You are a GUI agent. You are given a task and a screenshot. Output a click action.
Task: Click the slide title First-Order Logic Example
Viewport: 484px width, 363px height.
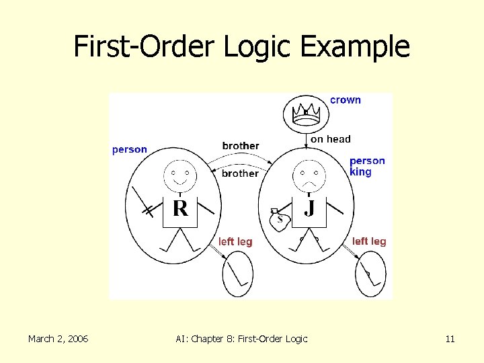point(241,47)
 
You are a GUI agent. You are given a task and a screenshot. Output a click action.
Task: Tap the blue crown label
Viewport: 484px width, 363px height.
point(346,100)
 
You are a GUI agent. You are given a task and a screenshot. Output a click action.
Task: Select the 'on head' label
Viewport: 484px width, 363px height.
point(330,139)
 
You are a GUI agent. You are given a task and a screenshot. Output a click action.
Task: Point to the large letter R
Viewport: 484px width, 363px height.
point(179,208)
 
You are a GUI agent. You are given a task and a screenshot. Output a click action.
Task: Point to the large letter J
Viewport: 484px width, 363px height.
point(309,208)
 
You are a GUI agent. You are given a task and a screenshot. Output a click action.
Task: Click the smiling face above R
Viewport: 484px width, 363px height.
point(180,176)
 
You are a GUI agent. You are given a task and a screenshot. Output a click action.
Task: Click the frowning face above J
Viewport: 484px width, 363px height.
point(309,176)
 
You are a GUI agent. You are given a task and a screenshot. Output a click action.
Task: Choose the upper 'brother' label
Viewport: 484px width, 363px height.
point(240,146)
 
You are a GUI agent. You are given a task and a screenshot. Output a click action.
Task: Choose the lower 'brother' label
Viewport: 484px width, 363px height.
point(240,173)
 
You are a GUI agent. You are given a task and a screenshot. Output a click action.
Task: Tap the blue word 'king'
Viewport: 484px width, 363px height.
point(360,172)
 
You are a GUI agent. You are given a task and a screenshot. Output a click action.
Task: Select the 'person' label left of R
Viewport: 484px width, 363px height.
point(129,149)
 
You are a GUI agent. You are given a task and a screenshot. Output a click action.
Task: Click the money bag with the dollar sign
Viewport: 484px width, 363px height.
point(280,218)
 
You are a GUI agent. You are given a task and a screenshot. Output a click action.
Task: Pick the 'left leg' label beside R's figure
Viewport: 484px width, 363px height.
point(235,242)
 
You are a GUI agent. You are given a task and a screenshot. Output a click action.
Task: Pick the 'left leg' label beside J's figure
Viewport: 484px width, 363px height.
point(369,241)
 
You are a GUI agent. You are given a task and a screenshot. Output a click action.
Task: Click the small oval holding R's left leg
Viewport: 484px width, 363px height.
point(237,274)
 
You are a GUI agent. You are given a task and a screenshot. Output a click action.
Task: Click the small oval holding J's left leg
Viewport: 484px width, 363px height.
point(371,274)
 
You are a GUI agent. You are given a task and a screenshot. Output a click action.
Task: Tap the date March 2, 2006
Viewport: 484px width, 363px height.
point(58,339)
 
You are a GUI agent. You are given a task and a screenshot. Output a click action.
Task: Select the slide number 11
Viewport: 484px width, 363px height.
point(450,339)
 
